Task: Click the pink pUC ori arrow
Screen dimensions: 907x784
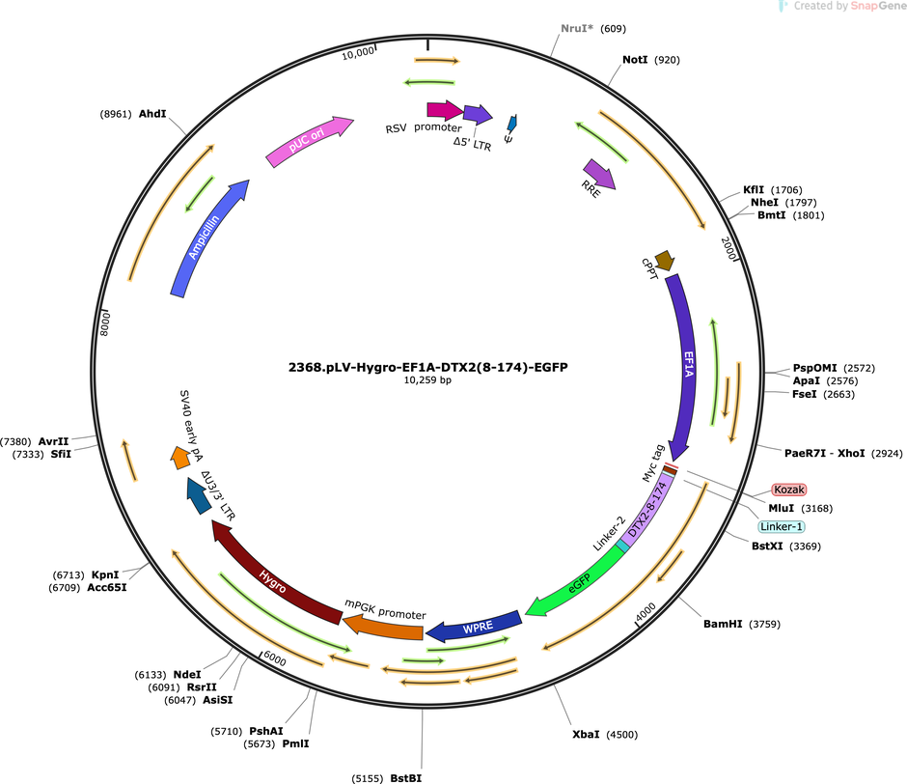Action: click(x=309, y=141)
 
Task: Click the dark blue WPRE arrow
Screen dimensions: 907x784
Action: click(x=476, y=627)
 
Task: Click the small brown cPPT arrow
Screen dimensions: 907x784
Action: click(x=665, y=261)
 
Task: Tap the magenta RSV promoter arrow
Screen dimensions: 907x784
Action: click(x=445, y=110)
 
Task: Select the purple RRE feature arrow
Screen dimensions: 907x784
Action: click(x=600, y=174)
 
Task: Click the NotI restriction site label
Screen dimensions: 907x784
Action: click(x=635, y=60)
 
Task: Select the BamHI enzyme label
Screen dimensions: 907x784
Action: click(x=723, y=624)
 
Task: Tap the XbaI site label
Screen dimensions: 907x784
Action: click(x=586, y=734)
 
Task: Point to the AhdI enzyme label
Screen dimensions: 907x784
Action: click(x=152, y=114)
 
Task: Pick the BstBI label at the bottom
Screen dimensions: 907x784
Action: click(x=406, y=778)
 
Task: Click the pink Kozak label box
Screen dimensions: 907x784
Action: click(x=789, y=490)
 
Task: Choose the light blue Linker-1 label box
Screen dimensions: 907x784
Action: click(x=782, y=526)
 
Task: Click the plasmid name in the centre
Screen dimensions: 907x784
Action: click(x=428, y=367)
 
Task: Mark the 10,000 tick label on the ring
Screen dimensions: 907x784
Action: click(x=357, y=53)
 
